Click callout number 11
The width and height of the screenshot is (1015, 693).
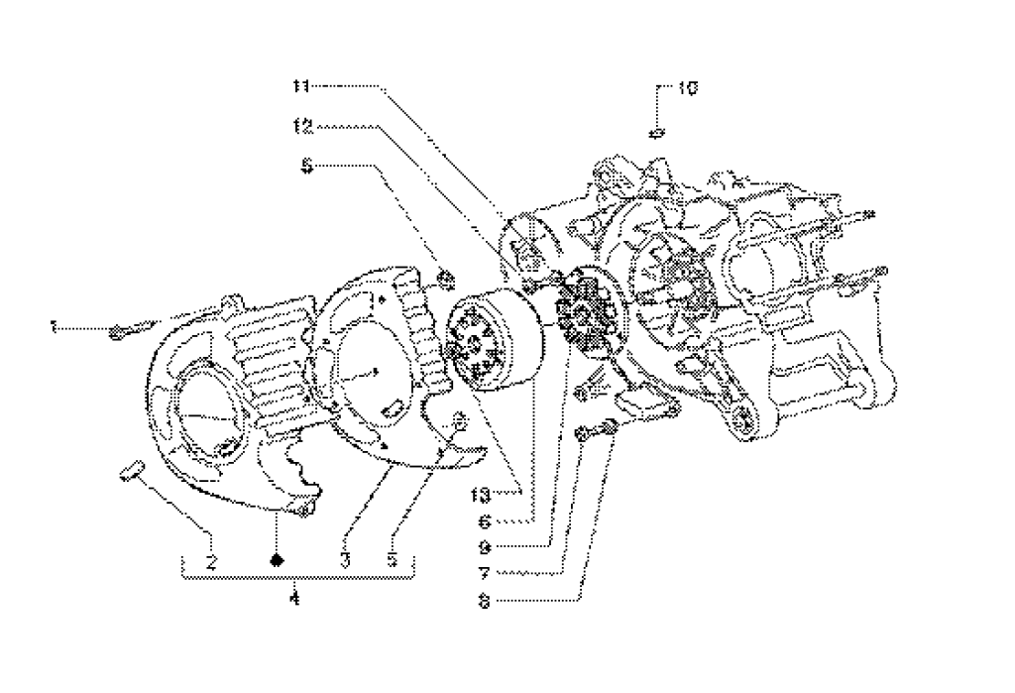click(x=301, y=86)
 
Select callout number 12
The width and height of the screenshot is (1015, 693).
click(x=302, y=127)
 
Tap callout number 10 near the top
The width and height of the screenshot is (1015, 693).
click(x=687, y=88)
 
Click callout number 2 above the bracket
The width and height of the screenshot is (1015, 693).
click(x=211, y=561)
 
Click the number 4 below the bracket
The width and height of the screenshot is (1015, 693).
click(x=293, y=599)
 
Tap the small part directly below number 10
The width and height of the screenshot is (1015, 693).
click(x=656, y=132)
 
